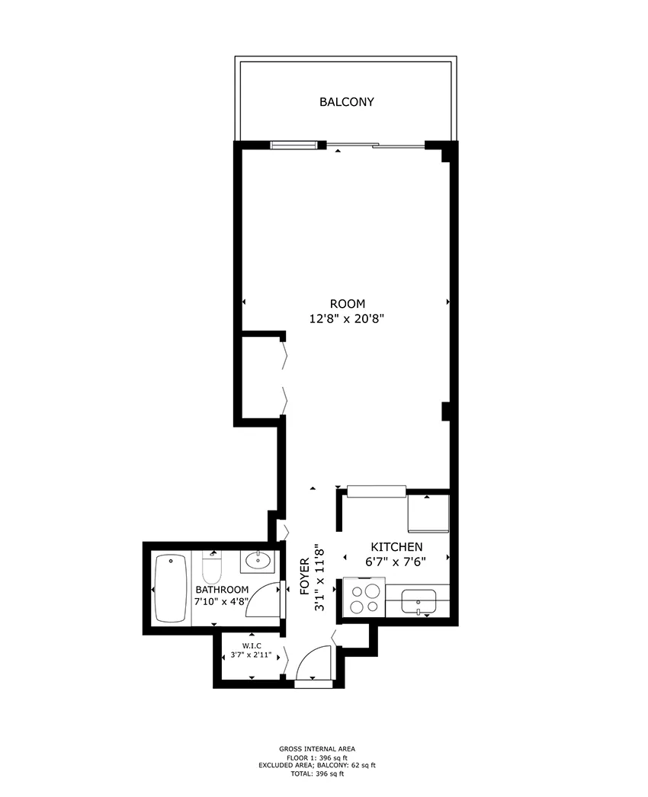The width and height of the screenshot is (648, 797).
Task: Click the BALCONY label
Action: coord(346,101)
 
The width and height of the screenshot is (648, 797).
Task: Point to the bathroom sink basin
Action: coord(257,562)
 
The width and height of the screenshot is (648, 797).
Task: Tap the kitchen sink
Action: coord(419,601)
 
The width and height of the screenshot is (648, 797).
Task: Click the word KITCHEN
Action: coord(396,547)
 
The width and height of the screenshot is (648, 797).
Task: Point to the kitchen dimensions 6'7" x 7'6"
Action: coord(396,562)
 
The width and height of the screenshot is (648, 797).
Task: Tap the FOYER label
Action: coord(304,576)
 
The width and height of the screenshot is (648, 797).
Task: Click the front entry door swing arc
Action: coord(313,663)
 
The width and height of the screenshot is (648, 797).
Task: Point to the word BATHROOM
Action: coord(222,590)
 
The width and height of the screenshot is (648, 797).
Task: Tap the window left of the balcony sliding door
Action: coord(294,145)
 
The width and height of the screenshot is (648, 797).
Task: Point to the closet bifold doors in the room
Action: coord(285,376)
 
